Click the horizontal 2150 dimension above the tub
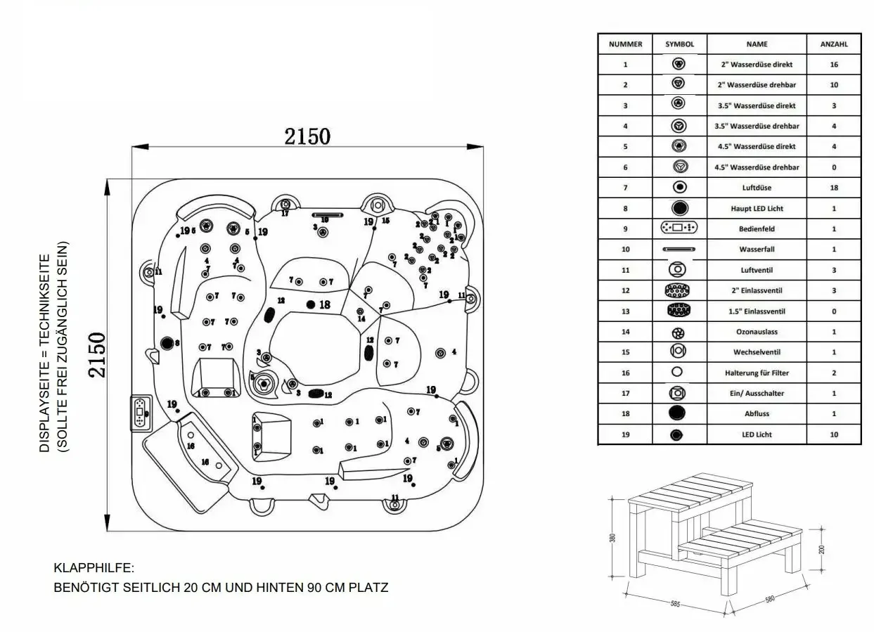click(x=307, y=136)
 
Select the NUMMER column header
click(x=625, y=44)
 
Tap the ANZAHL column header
click(x=834, y=44)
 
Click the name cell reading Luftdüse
click(x=757, y=188)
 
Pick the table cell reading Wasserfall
click(x=757, y=250)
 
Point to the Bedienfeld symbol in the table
click(x=679, y=228)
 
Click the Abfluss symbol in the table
click(x=679, y=413)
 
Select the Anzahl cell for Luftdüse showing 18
click(x=834, y=188)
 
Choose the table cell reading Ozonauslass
click(x=757, y=332)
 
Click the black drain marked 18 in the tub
click(x=311, y=304)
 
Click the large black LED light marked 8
click(x=167, y=343)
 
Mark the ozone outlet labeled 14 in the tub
click(x=361, y=311)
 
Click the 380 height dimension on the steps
click(x=613, y=539)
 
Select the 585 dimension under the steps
click(x=674, y=603)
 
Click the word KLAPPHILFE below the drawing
click(x=94, y=567)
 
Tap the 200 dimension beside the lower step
click(x=822, y=548)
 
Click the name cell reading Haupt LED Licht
click(x=757, y=208)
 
